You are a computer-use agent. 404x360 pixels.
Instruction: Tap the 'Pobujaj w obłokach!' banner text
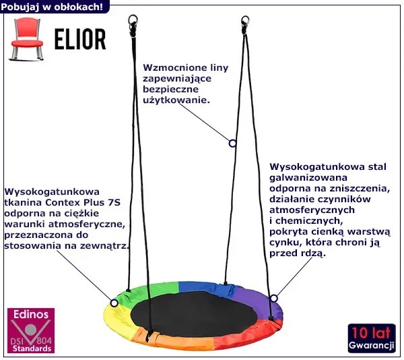53,7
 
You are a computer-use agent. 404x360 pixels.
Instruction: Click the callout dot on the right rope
232,143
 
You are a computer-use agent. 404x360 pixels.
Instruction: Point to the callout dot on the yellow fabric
114,303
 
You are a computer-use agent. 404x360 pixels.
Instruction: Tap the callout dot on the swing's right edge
273,298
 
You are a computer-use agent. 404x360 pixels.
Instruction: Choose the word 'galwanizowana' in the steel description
304,177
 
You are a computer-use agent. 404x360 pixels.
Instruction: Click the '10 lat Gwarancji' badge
371,338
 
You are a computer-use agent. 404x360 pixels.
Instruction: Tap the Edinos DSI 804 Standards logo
30,330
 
